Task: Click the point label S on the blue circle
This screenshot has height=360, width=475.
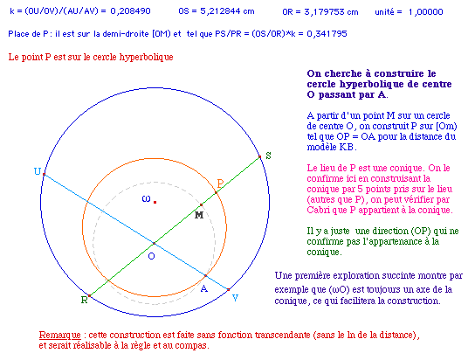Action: [268, 156]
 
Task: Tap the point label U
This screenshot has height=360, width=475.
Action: [38, 171]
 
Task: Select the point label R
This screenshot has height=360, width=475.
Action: [84, 300]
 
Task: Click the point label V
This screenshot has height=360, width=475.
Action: [236, 298]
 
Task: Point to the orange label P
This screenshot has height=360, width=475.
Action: [220, 183]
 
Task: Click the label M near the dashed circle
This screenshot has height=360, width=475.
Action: [199, 215]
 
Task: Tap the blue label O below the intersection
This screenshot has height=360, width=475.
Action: [151, 256]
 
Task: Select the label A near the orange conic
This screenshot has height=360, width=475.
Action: [204, 289]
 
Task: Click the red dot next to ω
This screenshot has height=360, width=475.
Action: [155, 202]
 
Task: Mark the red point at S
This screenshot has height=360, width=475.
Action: [259, 157]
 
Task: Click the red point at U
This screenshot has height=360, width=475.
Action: [44, 175]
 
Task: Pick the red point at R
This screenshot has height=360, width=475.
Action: [89, 295]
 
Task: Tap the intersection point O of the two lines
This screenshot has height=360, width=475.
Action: [155, 243]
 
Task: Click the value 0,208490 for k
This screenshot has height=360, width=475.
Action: [131, 11]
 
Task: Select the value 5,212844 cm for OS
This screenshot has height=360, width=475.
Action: [227, 11]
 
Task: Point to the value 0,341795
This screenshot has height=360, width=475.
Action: [327, 33]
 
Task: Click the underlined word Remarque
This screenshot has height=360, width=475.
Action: [60, 336]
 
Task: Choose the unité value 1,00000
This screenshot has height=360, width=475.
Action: [425, 12]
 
